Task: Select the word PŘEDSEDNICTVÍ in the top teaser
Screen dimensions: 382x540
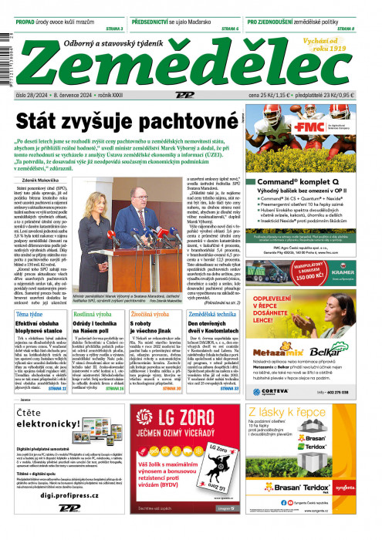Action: pyautogui.click(x=160, y=22)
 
